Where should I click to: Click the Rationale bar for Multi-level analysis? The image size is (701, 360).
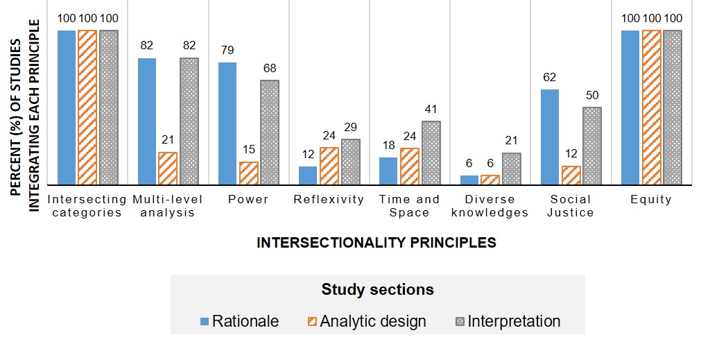point(147,121)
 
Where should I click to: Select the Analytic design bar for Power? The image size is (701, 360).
point(248,173)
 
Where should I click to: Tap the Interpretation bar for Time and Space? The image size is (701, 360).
point(431,153)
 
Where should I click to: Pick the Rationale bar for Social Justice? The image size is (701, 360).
point(550,137)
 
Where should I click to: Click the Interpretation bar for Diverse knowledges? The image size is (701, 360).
point(512,169)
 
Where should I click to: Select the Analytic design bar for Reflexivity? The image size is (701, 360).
point(329,166)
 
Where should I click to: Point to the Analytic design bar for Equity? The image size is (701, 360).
point(652,108)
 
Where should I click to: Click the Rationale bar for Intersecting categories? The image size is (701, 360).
point(67,108)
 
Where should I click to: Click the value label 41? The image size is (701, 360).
point(431,109)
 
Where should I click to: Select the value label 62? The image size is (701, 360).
point(550,78)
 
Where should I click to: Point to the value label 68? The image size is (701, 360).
point(270,68)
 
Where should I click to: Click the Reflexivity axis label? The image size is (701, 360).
point(329,200)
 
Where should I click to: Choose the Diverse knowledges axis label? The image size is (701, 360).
point(490,206)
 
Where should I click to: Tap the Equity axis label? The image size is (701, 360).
point(651,200)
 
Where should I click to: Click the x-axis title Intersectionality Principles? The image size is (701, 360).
point(377,243)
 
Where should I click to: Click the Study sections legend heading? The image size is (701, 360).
point(377,289)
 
